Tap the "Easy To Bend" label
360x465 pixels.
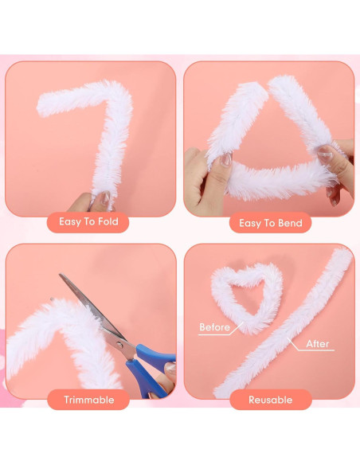pos(271,223)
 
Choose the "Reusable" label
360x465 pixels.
pos(270,399)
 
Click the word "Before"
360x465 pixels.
pos(214,327)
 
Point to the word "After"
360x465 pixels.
pos(318,344)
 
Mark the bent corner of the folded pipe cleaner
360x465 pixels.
pos(119,92)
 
